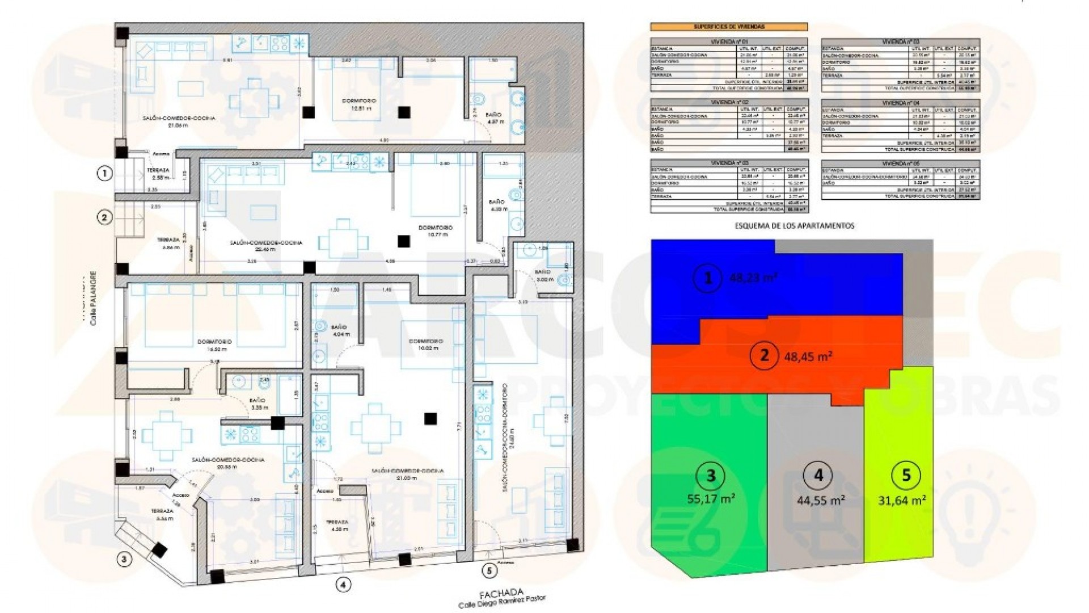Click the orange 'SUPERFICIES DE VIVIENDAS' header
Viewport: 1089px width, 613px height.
click(x=728, y=27)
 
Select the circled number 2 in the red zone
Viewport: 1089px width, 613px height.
click(x=763, y=356)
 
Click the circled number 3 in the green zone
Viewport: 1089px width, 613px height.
click(x=711, y=475)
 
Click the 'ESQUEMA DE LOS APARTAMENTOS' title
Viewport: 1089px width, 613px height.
click(x=794, y=225)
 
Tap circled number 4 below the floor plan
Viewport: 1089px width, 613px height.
click(x=343, y=584)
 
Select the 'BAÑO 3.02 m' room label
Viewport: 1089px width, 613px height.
click(x=542, y=276)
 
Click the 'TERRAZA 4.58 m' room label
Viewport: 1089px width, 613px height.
click(x=336, y=526)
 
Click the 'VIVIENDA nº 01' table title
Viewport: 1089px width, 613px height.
click(x=729, y=42)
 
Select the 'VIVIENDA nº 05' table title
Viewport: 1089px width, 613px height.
click(x=900, y=163)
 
